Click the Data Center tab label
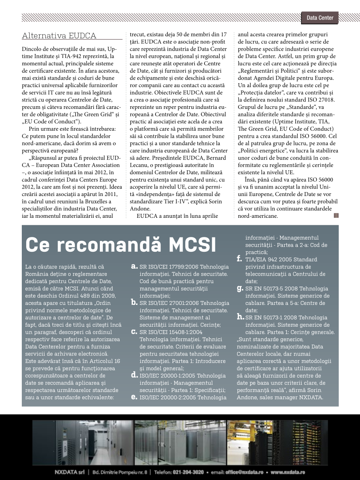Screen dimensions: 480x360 point(320,18)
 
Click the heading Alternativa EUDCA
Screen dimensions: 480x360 point(59,36)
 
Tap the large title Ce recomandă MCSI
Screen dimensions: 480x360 point(120,245)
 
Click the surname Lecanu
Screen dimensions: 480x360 point(140,165)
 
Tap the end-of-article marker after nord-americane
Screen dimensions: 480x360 point(336,215)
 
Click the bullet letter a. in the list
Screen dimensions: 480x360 point(135,264)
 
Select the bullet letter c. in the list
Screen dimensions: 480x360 point(135,332)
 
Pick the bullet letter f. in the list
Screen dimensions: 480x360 point(239,259)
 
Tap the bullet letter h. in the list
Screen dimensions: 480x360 point(240,318)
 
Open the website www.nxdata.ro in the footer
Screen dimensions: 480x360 point(288,472)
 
